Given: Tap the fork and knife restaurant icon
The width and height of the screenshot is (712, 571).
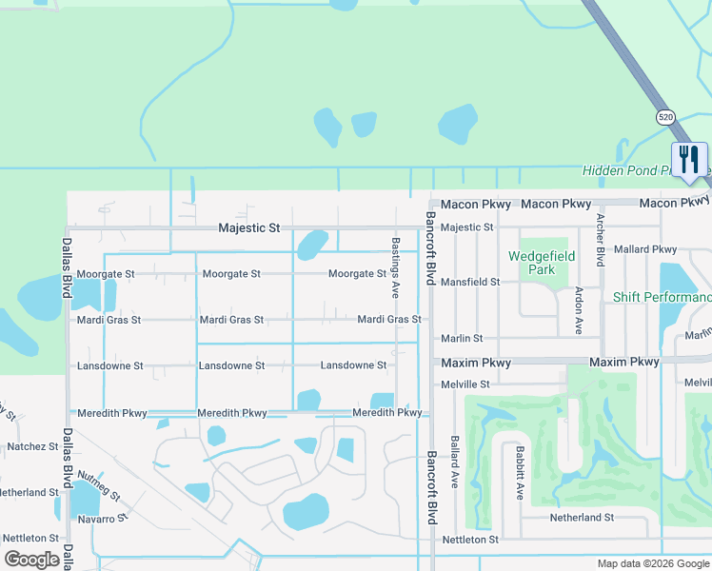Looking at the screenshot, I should (x=690, y=159).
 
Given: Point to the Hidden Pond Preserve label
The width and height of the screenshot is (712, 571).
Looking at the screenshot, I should (x=645, y=170).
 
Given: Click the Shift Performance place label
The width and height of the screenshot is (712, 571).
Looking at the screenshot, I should (x=662, y=298).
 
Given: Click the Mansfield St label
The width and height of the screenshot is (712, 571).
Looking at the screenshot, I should (x=470, y=283).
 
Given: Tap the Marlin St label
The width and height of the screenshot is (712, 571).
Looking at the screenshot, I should (x=462, y=338).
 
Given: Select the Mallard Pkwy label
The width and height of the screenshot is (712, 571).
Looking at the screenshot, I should (x=645, y=249).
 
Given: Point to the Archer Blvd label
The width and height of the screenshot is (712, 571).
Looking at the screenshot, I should (x=601, y=239).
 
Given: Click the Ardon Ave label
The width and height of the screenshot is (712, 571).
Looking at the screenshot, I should (x=579, y=310).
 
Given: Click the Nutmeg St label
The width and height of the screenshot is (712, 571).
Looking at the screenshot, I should (x=98, y=485).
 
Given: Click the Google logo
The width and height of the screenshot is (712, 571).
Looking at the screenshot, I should (x=32, y=559).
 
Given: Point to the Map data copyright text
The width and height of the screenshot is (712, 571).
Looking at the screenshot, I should (x=652, y=563).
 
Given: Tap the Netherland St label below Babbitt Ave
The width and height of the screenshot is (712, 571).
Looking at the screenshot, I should (x=582, y=518).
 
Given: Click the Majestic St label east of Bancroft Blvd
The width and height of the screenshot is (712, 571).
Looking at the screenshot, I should (x=467, y=227).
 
